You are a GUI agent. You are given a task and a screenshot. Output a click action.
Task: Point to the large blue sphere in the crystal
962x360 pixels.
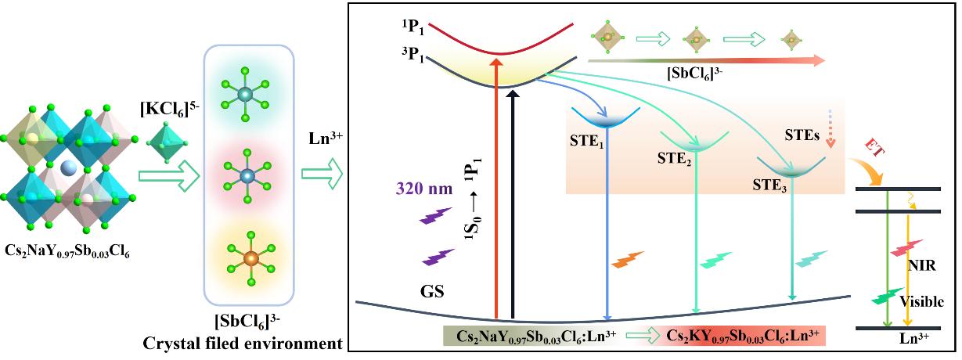[70, 169]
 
